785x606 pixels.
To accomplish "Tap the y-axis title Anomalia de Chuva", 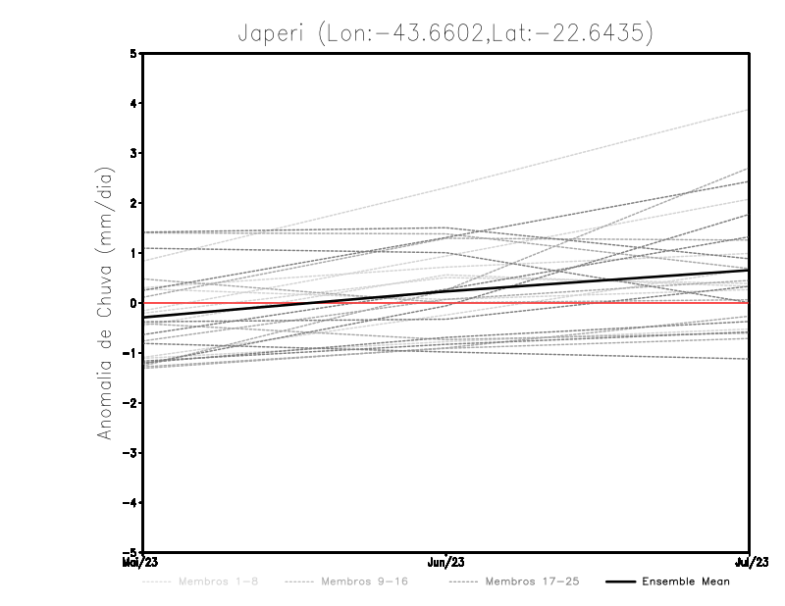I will [104, 303].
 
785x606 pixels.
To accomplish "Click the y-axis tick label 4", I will [133, 103].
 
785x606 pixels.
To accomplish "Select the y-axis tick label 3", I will [133, 153].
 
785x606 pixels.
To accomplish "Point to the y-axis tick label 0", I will [133, 303].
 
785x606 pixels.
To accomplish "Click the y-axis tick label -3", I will [131, 452].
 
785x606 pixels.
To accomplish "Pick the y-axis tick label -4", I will [131, 502].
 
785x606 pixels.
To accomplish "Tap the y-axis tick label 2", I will [133, 203].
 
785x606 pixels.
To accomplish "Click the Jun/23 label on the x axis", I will [446, 563].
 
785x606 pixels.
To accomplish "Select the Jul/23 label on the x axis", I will [750, 563].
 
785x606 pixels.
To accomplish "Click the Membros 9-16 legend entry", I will [363, 581].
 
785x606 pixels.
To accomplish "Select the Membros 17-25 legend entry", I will [533, 581].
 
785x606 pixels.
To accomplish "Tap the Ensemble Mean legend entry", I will [686, 581].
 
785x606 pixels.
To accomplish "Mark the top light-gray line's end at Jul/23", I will [749, 110].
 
